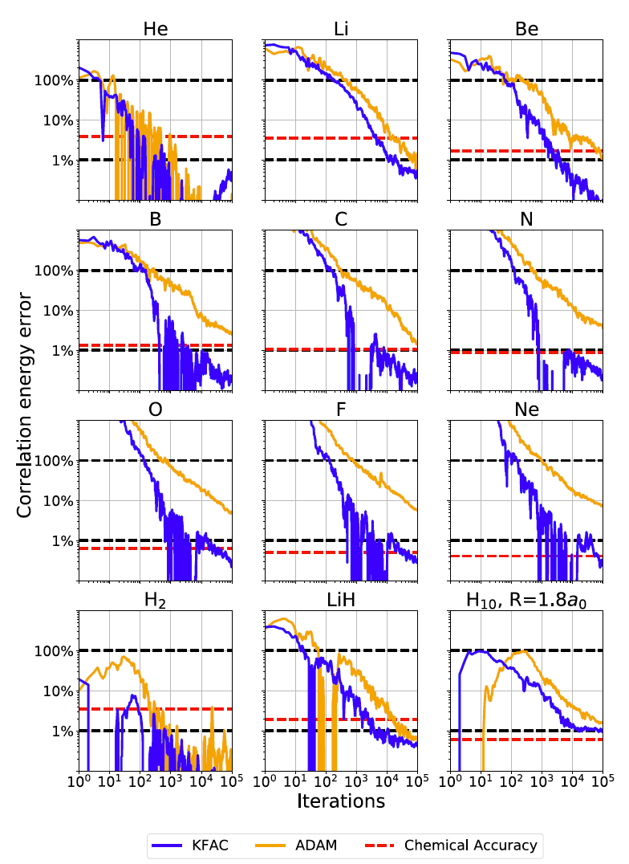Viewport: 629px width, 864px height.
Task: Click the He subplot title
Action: pos(155,29)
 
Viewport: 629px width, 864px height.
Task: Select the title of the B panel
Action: pos(155,219)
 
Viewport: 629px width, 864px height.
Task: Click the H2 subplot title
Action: pos(155,600)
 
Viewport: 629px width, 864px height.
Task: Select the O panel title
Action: pos(155,410)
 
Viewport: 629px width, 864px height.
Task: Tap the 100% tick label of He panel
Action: pos(55,81)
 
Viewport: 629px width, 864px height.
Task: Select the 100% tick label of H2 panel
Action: pos(55,651)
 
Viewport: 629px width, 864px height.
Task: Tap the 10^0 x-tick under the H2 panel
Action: pos(79,780)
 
